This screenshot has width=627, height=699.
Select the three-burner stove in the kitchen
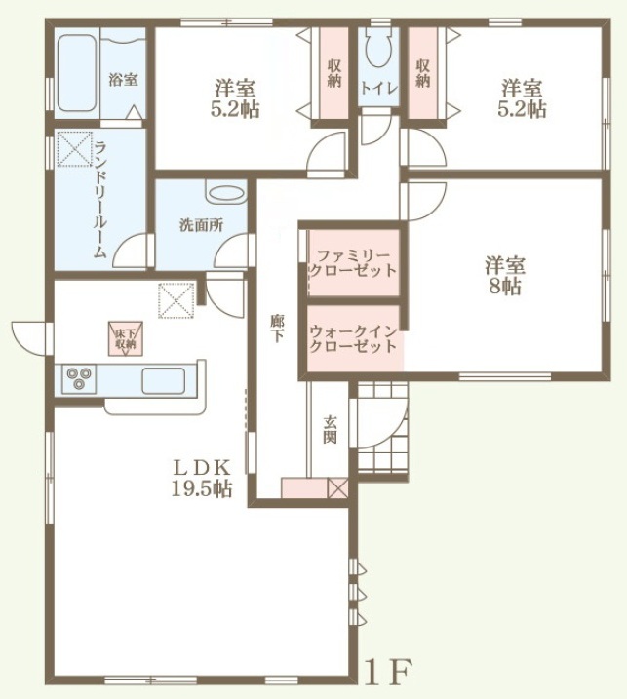point(79,378)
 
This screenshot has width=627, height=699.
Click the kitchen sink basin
point(163,381)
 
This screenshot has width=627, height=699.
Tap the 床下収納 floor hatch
point(126,338)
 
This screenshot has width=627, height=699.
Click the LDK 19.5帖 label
point(202,479)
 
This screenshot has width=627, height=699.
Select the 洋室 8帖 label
point(504,275)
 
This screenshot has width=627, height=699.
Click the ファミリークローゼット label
point(352,263)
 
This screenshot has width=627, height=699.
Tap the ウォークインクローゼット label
point(352,339)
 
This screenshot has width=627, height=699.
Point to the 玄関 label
point(330,430)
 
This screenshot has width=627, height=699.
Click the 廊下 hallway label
point(277,329)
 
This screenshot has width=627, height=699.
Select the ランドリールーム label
point(100,199)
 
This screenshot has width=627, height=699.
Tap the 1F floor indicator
point(387,673)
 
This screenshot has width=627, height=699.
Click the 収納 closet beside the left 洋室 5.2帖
point(334,73)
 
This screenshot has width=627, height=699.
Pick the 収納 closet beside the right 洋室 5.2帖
point(423,73)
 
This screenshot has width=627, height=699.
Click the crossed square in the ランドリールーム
point(75,149)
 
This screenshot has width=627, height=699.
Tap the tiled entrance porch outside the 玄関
point(382,430)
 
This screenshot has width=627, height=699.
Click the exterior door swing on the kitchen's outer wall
point(27,338)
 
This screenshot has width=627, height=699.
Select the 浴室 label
point(124,80)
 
